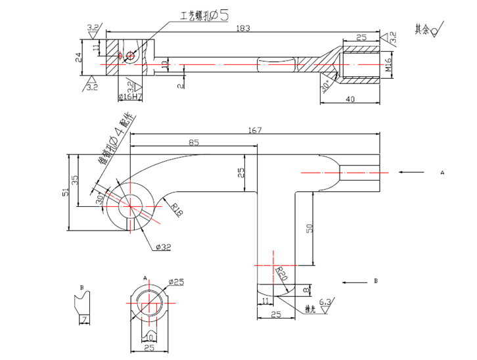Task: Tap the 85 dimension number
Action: (194, 143)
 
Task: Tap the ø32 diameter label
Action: (164, 247)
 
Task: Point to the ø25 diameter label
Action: (175, 282)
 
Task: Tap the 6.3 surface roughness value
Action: (325, 301)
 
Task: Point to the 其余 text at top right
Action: (421, 30)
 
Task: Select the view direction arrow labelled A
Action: (411, 172)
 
